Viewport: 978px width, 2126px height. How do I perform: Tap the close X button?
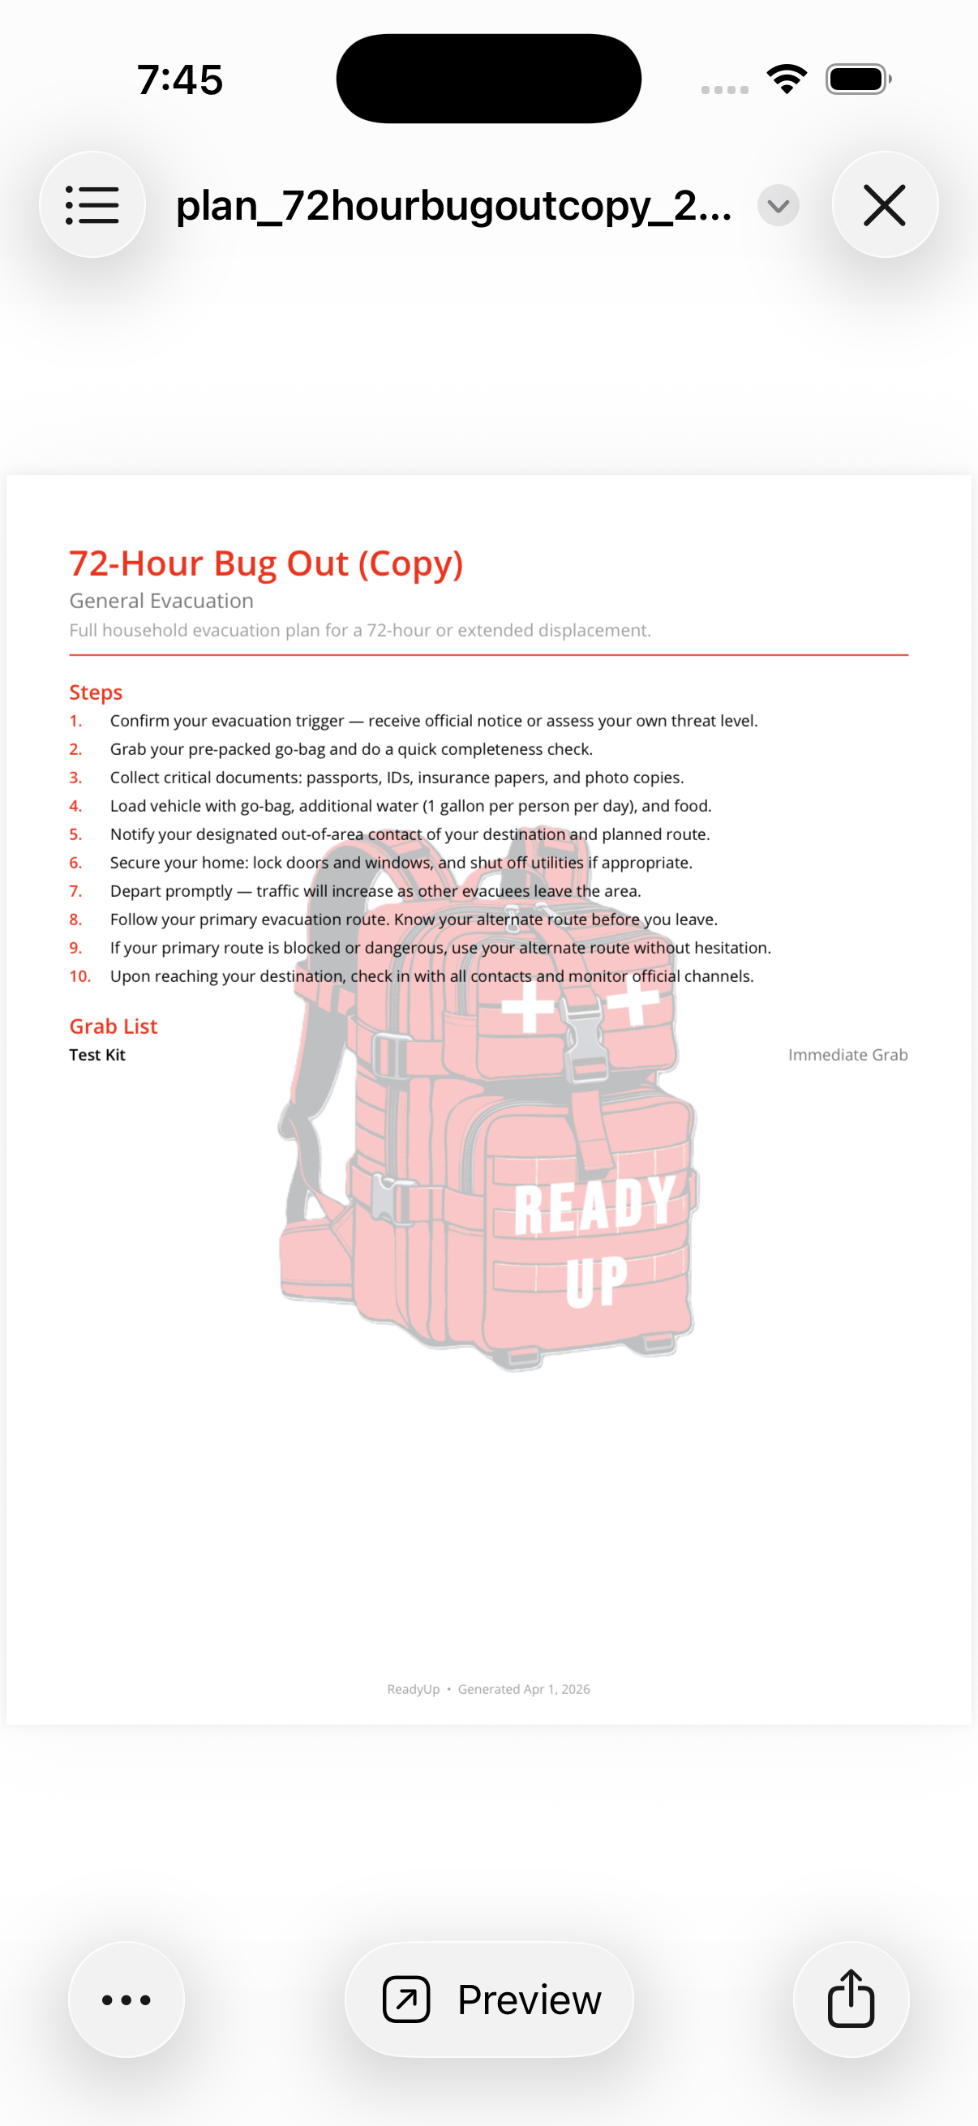[x=884, y=204]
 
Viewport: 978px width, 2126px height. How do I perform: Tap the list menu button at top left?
[x=92, y=204]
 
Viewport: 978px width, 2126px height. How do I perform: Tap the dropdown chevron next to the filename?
[x=778, y=205]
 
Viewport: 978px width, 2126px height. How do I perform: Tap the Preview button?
[x=490, y=1999]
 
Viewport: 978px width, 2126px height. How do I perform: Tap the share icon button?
[x=850, y=1999]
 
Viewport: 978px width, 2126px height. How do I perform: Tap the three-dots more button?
[x=127, y=1999]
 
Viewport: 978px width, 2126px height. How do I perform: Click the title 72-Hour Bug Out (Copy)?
[x=266, y=564]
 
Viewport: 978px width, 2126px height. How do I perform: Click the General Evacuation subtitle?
[x=161, y=601]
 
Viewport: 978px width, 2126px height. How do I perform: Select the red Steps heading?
[x=96, y=692]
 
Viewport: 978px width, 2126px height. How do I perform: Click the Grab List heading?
[x=113, y=1026]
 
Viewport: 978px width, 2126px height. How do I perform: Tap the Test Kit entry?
[x=97, y=1055]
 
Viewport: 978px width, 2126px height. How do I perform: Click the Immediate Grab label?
[x=847, y=1055]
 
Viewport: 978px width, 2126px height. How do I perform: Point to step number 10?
[x=80, y=975]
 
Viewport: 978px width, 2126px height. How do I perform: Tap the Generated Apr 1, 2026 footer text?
[x=523, y=1689]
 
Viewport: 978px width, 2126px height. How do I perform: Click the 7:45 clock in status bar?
[x=180, y=80]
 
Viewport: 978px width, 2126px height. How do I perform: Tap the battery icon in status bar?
[x=857, y=79]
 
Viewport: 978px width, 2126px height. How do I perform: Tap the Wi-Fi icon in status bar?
[x=787, y=79]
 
